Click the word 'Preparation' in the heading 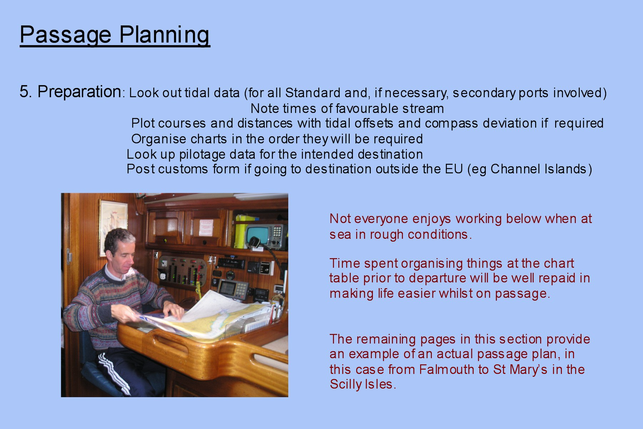pyautogui.click(x=79, y=92)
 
